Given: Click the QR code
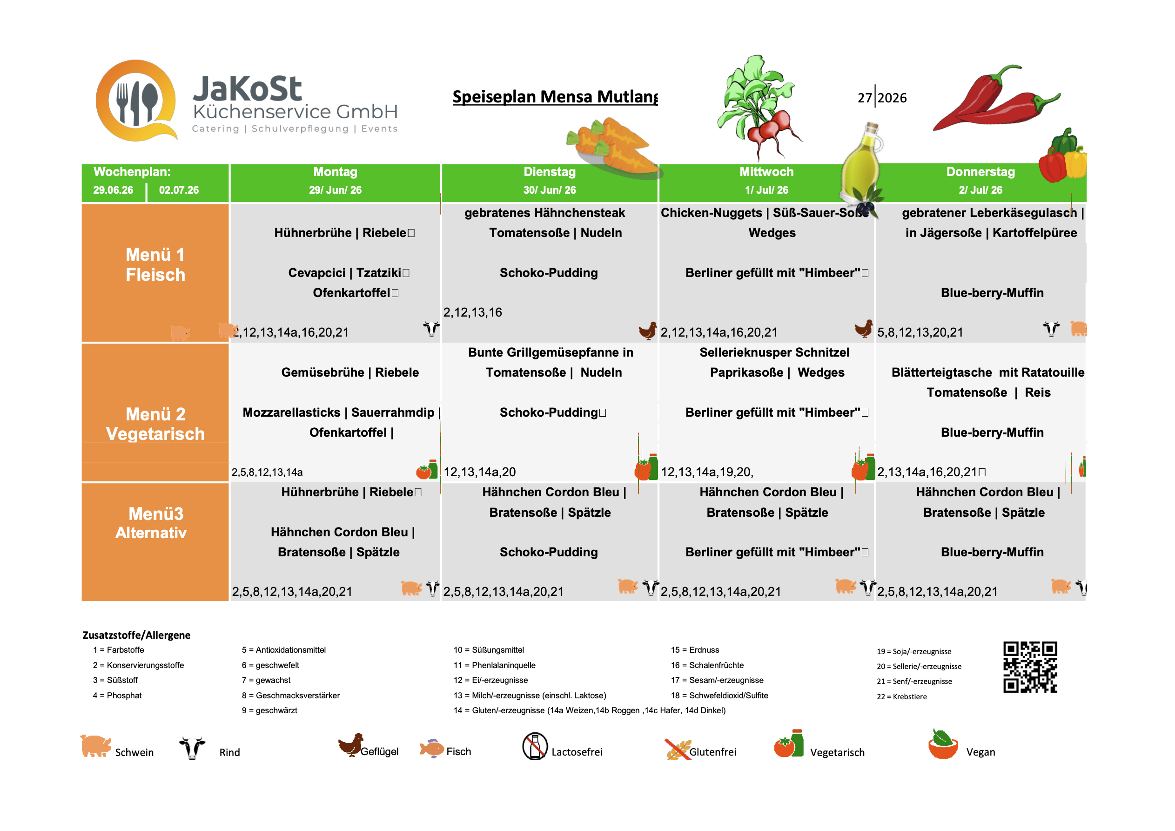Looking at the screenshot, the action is (1030, 667).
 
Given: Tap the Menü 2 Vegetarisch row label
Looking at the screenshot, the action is (155, 424).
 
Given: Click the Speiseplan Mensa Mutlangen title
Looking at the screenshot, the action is (555, 96).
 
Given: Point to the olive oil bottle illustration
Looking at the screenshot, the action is (861, 166).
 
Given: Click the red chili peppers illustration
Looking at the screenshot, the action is (995, 100).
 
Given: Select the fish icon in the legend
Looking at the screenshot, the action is (432, 749).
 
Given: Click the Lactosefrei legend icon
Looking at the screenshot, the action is (535, 747).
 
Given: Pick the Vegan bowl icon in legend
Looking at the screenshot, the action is (943, 744).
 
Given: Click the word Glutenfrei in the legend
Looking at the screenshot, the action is (713, 752).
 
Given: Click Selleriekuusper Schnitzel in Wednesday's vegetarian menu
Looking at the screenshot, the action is (774, 352).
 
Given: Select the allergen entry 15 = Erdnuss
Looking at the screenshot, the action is (695, 650).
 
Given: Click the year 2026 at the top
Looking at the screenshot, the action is (892, 98).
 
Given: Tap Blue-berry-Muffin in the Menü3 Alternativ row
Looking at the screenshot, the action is (992, 552).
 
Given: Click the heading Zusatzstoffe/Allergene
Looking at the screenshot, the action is (137, 635).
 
